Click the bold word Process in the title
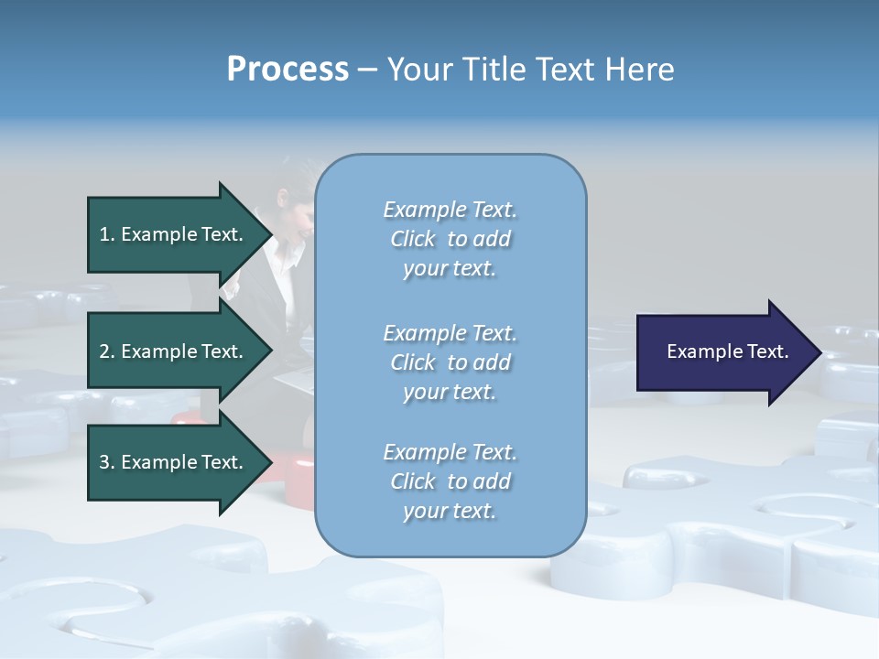point(288,70)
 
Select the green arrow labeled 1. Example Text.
point(174,234)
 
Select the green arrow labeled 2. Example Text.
point(174,351)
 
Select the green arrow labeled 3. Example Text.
point(174,462)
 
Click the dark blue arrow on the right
point(723,352)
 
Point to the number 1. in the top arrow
point(107,234)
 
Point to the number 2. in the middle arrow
point(107,351)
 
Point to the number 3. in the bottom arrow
point(107,462)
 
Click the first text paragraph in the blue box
point(450,239)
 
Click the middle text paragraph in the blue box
point(450,362)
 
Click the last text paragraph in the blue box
point(450,481)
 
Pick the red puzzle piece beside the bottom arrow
point(297,481)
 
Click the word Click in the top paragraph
point(412,239)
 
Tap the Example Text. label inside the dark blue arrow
point(727,351)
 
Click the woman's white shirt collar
point(288,259)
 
